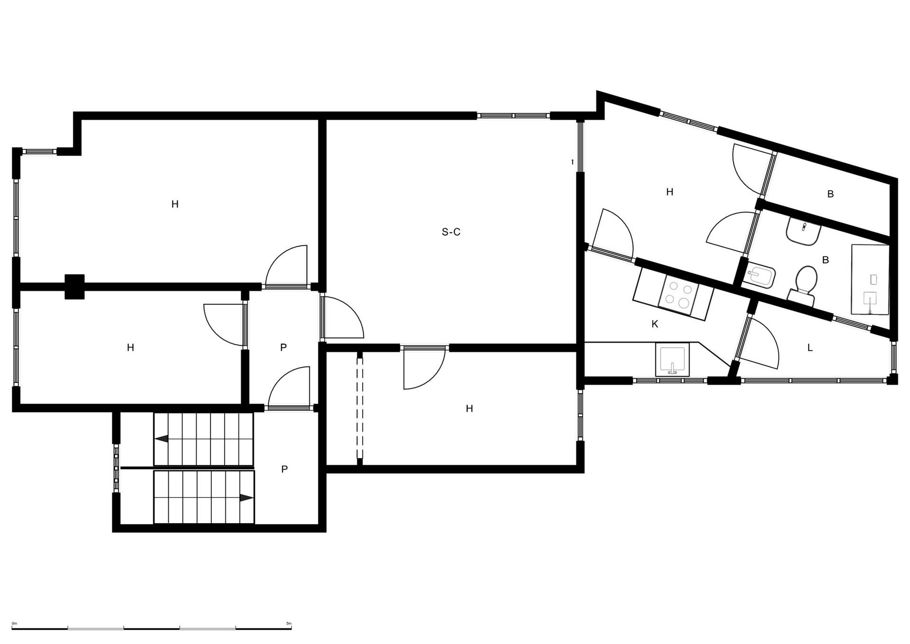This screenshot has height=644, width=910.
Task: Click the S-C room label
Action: click(x=451, y=232)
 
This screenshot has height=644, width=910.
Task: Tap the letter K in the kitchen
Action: click(x=655, y=324)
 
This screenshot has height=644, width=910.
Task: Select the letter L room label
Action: click(x=810, y=348)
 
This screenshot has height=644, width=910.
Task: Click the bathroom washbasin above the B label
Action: click(x=804, y=231)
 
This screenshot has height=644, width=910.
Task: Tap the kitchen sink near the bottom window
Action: click(x=673, y=359)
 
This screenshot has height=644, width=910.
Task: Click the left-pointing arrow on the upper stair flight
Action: click(x=162, y=439)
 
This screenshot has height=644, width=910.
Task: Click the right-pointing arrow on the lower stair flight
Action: click(x=246, y=498)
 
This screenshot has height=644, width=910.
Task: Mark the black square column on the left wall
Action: click(x=74, y=287)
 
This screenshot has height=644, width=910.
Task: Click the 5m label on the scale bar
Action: click(x=289, y=624)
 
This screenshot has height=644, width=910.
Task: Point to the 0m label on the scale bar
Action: click(x=14, y=624)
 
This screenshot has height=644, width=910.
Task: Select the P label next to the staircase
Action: click(x=284, y=469)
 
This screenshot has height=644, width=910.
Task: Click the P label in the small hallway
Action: click(x=283, y=347)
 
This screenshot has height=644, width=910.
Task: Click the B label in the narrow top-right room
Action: click(x=830, y=194)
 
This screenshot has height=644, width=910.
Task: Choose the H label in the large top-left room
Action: click(x=175, y=204)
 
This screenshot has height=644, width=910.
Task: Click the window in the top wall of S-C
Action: click(x=513, y=115)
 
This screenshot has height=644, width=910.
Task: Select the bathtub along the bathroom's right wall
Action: click(x=870, y=279)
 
